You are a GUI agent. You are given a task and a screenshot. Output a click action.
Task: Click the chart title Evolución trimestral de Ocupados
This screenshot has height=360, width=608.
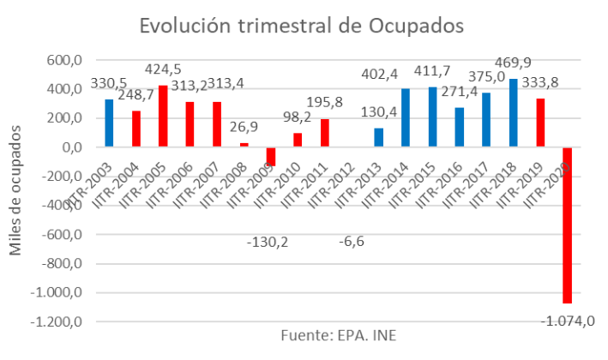(303, 26)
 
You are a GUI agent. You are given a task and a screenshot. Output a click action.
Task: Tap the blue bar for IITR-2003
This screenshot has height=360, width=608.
(109, 123)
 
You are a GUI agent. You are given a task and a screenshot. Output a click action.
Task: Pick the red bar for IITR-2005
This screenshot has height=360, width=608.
(163, 117)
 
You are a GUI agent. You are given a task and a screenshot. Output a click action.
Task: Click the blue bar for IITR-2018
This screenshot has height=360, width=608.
(514, 113)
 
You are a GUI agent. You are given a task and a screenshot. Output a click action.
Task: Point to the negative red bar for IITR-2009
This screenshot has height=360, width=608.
(271, 157)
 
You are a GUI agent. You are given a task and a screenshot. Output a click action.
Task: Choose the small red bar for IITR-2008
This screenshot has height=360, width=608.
(244, 145)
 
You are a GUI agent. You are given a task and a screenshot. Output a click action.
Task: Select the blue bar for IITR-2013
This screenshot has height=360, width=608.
(379, 138)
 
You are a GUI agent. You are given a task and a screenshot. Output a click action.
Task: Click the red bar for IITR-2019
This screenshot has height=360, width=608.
(540, 123)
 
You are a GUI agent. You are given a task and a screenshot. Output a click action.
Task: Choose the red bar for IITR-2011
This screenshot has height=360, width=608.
(325, 133)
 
